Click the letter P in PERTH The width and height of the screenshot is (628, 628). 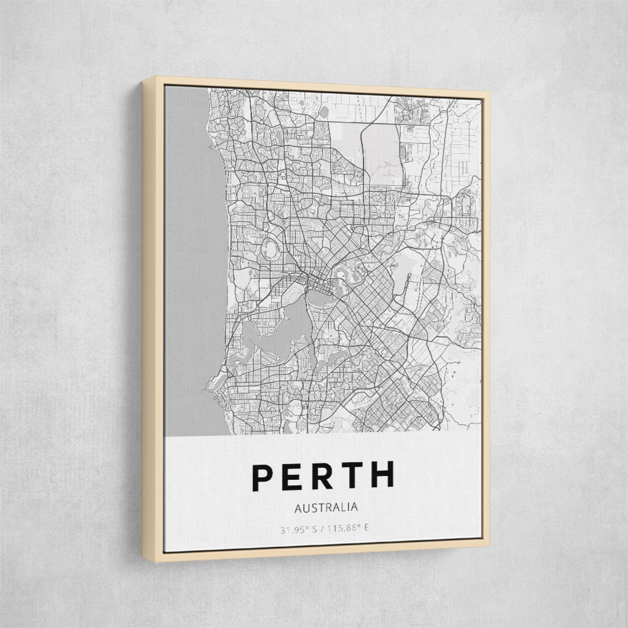264,479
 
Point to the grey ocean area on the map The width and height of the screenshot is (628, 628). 192,260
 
